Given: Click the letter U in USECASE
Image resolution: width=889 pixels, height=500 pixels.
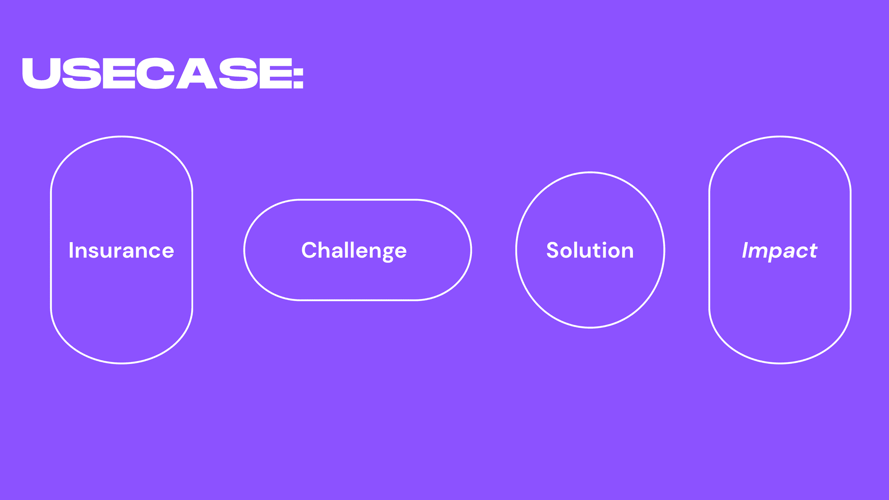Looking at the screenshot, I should pos(42,73).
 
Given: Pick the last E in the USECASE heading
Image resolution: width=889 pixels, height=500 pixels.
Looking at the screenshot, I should pos(276,73).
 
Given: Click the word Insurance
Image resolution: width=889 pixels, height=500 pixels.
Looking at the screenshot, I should pos(121,250).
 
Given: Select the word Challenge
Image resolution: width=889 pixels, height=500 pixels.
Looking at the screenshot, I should pos(354,250).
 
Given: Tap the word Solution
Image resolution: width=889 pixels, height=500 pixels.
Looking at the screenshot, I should pos(590,250).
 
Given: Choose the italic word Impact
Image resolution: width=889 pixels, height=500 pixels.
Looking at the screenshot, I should pos(780,250).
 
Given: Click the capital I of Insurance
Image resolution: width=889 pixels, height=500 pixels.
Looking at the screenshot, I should pos(71,250).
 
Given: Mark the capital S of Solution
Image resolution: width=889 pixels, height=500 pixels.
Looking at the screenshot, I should pos(553,250).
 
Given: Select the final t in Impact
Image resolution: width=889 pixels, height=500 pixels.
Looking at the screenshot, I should pos(813,250).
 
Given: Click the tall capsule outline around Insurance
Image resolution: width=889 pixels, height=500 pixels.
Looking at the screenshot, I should pos(51,250).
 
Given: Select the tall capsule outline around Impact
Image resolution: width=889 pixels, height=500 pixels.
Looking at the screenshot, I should pos(709,250).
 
